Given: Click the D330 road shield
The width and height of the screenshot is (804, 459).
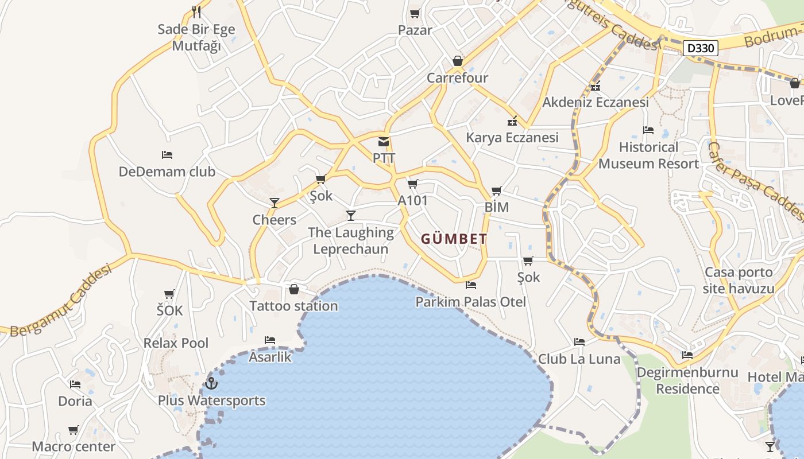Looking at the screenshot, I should pos(701,48).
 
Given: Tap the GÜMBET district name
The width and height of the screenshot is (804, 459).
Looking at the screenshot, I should pos(454,239).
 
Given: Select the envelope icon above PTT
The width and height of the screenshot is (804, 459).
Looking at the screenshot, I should pos(383,142).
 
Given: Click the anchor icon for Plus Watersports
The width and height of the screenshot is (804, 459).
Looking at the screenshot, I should pos(211,383).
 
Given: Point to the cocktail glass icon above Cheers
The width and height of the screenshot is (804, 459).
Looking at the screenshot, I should pos(275,203).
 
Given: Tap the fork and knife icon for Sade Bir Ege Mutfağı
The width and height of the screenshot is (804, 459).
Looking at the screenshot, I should pos(196,11).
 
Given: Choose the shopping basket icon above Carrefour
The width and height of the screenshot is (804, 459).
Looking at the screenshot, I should pos(458,61).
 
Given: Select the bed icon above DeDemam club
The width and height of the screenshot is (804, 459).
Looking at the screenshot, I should pos(167,155).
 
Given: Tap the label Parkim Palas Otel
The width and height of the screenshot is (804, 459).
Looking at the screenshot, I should pos(471,302).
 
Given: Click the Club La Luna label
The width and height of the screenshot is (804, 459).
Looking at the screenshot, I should pos(579,359).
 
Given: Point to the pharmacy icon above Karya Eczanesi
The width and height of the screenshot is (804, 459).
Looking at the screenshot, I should pos(512,121).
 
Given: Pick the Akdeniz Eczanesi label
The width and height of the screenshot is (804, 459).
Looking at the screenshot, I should pos(596,102).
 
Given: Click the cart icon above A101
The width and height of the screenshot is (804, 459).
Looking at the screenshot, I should pos(412,184).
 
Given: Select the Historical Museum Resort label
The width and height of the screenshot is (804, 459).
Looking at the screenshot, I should pos(648,155).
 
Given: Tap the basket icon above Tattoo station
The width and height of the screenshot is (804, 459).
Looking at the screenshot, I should pos(294,289).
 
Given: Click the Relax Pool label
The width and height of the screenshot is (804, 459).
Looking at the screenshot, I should pos(176,343).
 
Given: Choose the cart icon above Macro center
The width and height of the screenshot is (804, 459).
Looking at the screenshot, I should pos(74,430).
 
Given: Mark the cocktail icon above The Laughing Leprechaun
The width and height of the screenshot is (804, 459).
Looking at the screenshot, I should pos(351,215).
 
